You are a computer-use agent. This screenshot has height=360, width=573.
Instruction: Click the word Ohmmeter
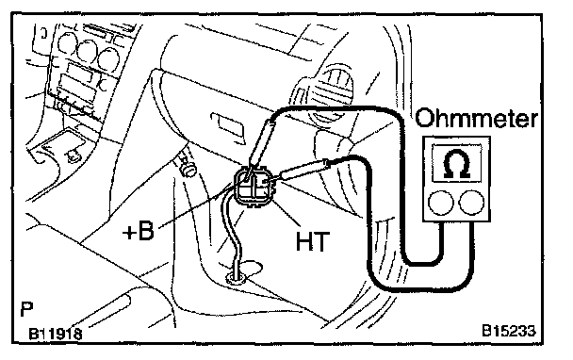tap(477, 118)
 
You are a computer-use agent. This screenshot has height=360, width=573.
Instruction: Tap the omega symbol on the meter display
tap(456, 164)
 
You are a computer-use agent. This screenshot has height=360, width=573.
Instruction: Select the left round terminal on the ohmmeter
tap(441, 203)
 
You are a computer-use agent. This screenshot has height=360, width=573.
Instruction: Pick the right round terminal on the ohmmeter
tap(471, 203)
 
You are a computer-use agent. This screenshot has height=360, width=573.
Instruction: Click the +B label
tap(139, 231)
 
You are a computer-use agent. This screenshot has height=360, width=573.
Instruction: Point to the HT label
tap(313, 241)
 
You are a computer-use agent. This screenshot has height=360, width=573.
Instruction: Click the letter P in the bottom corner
tap(26, 309)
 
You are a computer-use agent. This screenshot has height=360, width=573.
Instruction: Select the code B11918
tap(56, 334)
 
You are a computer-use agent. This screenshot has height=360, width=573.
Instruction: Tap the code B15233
tap(508, 331)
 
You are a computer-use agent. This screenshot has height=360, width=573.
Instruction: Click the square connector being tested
tap(254, 187)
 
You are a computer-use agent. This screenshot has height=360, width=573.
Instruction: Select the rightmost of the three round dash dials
tap(108, 57)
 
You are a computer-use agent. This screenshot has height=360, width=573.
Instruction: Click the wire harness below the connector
tap(232, 233)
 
